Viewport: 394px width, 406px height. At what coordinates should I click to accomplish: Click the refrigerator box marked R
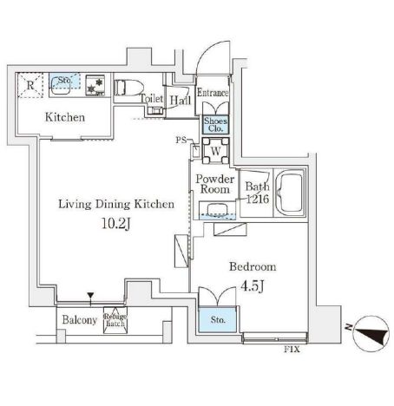(30, 85)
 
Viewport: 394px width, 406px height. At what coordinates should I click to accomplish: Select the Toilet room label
(153, 100)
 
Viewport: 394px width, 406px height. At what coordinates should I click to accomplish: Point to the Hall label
(181, 101)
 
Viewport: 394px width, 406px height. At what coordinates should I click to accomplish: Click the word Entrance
(213, 93)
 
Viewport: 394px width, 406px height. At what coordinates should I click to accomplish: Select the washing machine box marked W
(213, 149)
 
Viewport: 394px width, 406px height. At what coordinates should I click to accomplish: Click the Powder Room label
(213, 183)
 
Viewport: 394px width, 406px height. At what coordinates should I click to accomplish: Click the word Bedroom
(253, 267)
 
